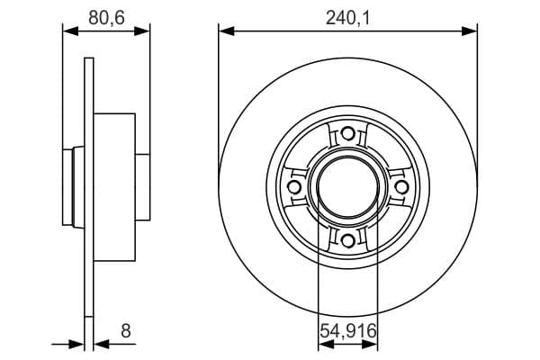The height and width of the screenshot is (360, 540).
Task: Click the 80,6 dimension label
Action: [x=105, y=15]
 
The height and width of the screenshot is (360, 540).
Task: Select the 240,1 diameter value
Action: [x=347, y=15]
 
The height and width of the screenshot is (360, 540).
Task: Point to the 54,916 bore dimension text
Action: [x=347, y=331]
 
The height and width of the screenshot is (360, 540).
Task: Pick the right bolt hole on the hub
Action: [x=400, y=186]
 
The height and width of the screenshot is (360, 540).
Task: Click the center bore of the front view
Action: [x=347, y=186]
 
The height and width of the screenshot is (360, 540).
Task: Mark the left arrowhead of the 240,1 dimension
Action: [x=226, y=31]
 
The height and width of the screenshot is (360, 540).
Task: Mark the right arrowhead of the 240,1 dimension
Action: [x=469, y=31]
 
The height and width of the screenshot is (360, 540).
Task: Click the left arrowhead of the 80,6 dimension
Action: [x=68, y=31]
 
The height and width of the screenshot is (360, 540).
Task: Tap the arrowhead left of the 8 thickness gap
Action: [x=77, y=343]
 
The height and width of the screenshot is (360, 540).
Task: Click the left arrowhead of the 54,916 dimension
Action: [x=324, y=343]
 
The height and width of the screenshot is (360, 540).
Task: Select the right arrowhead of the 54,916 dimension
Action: [x=371, y=343]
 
